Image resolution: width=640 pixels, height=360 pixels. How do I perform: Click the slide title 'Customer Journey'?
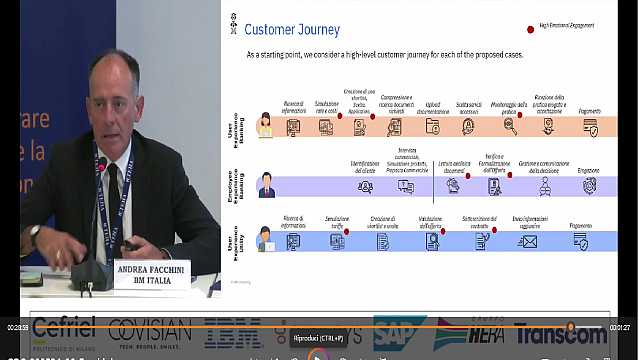[x=292, y=30]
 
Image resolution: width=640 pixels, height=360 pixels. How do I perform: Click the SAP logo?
[x=399, y=333]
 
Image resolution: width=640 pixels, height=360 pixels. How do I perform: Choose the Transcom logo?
[x=561, y=334]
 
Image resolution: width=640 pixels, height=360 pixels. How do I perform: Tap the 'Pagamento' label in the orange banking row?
[x=590, y=111]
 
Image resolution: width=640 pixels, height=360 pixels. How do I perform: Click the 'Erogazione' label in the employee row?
[x=589, y=170]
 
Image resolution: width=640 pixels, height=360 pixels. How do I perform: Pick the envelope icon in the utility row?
[x=527, y=241]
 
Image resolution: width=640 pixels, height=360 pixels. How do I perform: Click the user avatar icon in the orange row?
[x=265, y=125]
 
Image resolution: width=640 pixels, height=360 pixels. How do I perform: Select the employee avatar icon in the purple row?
[x=266, y=185]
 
